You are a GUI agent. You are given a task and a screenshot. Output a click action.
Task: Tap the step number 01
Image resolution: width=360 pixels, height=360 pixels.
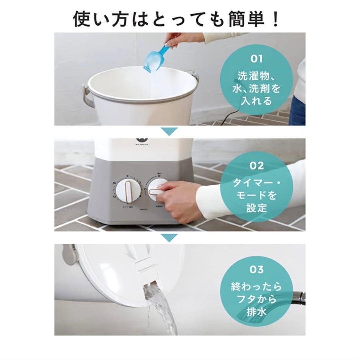[x=256, y=59]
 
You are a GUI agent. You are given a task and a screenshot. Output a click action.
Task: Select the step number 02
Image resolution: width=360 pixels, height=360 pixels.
[x=256, y=166]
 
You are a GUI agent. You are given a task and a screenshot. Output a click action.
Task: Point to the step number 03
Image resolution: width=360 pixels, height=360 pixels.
[x=256, y=270]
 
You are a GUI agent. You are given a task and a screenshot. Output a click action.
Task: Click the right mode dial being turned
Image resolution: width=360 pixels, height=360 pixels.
[x=157, y=188]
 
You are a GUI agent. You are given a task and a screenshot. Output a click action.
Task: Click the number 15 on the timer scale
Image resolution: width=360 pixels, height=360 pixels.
[x=114, y=183]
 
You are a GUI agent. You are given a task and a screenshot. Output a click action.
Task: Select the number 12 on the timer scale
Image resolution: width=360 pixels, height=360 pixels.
[x=114, y=196]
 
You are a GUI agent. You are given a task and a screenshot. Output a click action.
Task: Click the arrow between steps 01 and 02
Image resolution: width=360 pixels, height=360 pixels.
[x=171, y=131]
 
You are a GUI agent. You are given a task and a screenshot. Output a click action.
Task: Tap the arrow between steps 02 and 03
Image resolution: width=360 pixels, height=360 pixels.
[x=171, y=237]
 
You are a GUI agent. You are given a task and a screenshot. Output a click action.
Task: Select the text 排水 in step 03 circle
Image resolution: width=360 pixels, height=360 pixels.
[x=256, y=312]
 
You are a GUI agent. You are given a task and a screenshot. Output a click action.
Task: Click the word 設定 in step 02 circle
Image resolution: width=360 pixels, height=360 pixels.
[x=256, y=208]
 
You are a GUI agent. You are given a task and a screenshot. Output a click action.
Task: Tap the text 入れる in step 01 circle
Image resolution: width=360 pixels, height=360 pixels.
[x=256, y=101]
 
